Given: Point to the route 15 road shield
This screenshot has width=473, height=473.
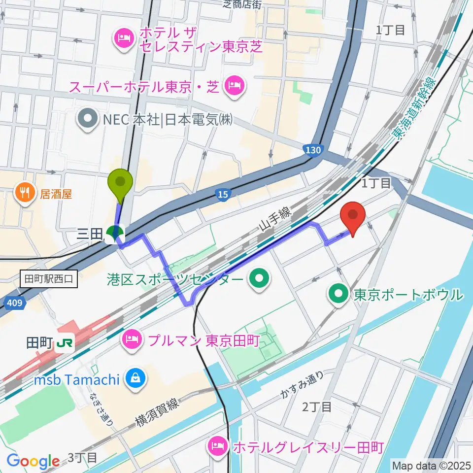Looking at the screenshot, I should [x=223, y=195].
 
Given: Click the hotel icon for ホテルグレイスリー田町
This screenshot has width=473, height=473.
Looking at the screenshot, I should [x=217, y=447].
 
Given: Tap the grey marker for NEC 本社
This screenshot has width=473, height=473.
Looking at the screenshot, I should [x=88, y=120].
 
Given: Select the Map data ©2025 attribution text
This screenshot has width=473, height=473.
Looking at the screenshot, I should [x=431, y=465].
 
